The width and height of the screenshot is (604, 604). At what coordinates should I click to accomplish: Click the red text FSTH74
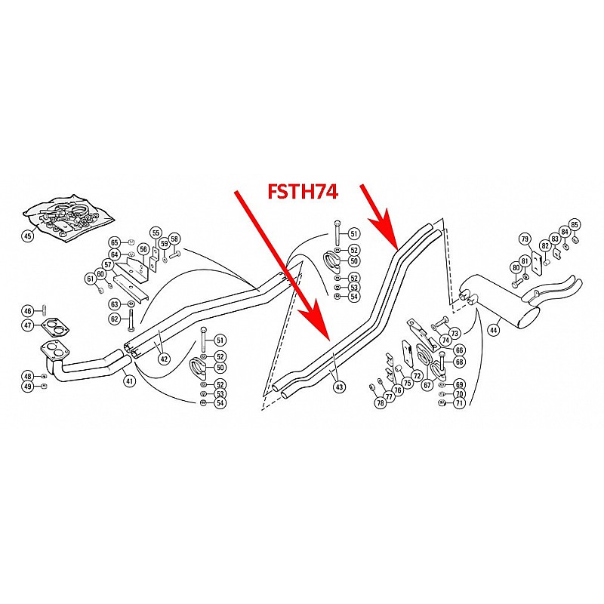tap(302, 192)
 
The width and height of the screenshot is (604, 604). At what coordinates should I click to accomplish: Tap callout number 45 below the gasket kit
tap(28, 236)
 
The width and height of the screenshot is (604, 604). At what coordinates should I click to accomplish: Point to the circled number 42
tap(164, 359)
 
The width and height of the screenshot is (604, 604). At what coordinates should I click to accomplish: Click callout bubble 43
tap(339, 387)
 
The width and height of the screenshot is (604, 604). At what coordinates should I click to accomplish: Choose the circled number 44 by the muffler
tap(494, 329)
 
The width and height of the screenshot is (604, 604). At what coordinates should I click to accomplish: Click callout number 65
tap(115, 242)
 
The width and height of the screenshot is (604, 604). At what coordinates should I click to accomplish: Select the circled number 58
tap(174, 239)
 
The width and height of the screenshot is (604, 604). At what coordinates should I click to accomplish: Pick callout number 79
tap(525, 239)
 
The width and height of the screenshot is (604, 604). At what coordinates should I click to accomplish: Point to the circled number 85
tap(575, 224)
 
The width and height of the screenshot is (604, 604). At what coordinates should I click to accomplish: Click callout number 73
tap(454, 333)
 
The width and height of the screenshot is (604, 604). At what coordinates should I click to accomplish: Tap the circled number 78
tap(381, 402)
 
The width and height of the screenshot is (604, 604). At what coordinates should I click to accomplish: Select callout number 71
tap(460, 403)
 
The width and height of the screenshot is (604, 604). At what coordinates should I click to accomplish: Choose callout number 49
tap(28, 387)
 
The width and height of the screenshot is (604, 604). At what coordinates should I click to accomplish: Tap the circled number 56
tap(143, 249)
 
